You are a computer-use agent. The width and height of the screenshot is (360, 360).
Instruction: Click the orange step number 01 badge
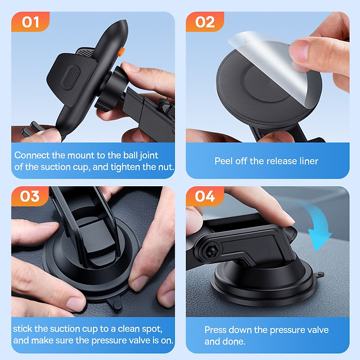pos(30,22)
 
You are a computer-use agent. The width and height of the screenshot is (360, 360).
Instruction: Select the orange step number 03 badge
pos(30,196)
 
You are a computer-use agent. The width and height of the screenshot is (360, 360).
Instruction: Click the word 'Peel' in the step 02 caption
pos(224,161)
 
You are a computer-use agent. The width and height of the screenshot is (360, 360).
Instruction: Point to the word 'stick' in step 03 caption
pos(24,329)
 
